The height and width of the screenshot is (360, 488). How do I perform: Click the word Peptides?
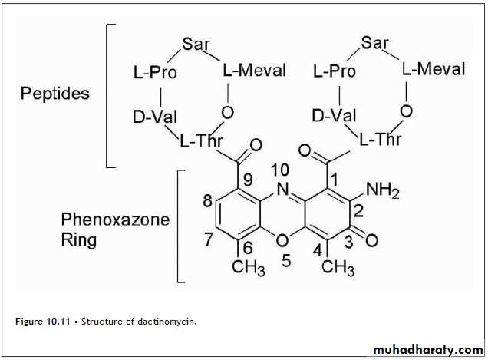coord(54,94)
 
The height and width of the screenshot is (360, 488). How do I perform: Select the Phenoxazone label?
coord(115,220)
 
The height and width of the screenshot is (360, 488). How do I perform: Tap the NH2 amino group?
coord(382,190)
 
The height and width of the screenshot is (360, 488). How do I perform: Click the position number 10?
coord(279,170)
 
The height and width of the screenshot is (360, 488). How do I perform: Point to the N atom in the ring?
coord(282,190)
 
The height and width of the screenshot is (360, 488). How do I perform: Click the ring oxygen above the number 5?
coord(282,240)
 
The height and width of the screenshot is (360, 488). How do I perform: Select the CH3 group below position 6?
coord(249,268)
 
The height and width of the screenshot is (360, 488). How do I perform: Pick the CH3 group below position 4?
coord(338,268)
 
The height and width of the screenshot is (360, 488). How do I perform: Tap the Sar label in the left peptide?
coord(196,44)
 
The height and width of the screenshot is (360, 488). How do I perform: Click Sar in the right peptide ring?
coord(375,42)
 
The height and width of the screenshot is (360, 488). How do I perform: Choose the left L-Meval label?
coord(255,71)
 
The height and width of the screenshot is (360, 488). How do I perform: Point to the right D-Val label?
coord(334,116)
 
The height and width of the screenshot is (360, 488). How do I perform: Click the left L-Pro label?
coord(155,73)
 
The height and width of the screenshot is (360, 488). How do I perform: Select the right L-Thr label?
coord(381,139)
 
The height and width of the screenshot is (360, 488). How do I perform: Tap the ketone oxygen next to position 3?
coord(371,240)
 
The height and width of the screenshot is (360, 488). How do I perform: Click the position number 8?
coord(208,201)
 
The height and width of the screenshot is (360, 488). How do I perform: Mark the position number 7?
coord(208,239)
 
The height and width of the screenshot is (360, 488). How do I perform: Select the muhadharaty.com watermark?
coord(428,350)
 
